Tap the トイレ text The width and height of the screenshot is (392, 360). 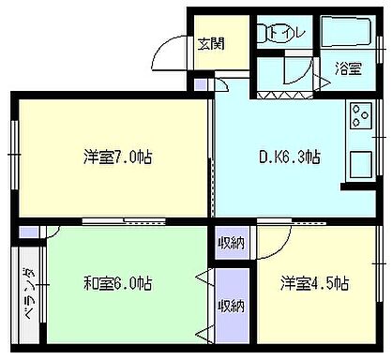point(282,34)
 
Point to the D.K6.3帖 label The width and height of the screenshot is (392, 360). point(288,157)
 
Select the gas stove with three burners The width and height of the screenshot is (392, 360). point(360,116)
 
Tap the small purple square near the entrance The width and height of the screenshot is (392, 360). point(201,85)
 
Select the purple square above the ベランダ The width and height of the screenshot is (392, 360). point(28,231)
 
